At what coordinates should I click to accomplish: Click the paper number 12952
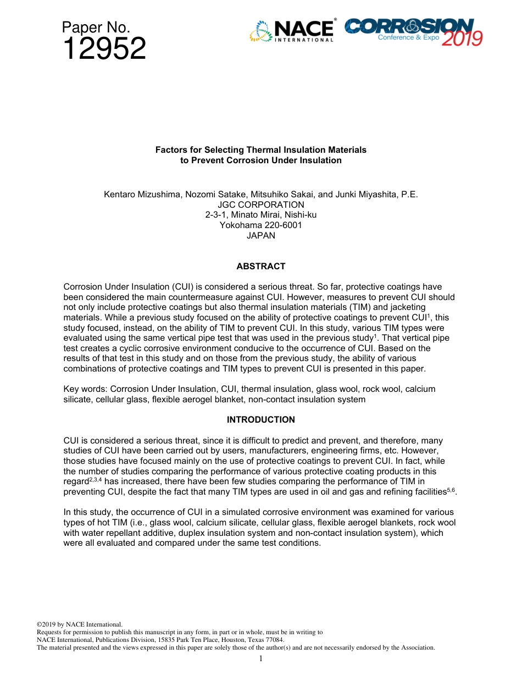104,49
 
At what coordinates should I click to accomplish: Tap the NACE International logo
292,31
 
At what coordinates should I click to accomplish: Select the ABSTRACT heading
261,267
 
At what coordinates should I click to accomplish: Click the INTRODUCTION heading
261,420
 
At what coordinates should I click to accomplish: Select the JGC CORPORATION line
261,204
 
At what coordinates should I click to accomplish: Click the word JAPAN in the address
261,236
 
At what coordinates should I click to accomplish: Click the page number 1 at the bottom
261,658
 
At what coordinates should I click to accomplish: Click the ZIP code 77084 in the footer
274,640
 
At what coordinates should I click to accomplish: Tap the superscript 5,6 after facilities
452,490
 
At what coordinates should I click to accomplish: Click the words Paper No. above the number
96,27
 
